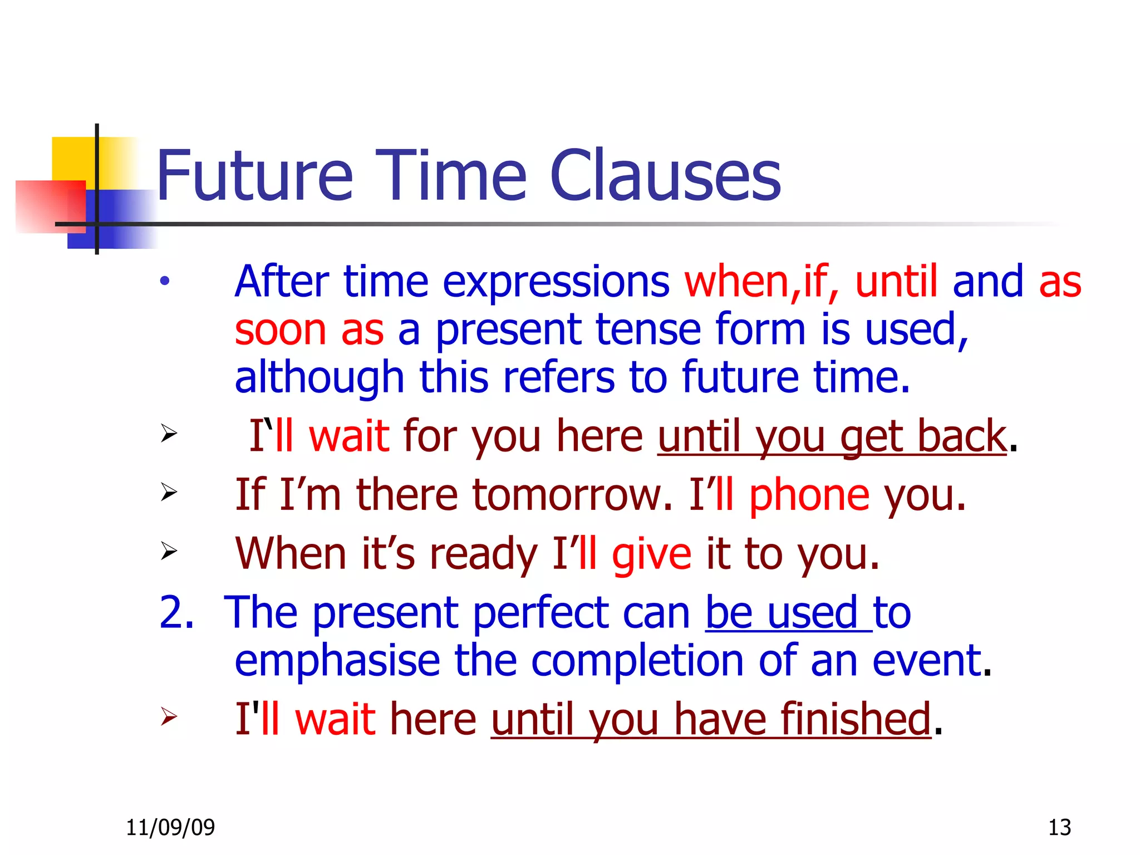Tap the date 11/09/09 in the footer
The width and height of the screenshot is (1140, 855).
pos(170,828)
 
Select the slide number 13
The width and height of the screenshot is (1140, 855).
pos(1059,828)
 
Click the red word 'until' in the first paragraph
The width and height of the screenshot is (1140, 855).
pos(896,281)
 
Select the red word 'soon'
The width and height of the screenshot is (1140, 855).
pos(280,330)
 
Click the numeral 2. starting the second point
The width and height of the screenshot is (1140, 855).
pos(176,612)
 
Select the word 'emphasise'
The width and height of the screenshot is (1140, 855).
pos(337,661)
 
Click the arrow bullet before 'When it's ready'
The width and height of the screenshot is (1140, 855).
pos(169,551)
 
